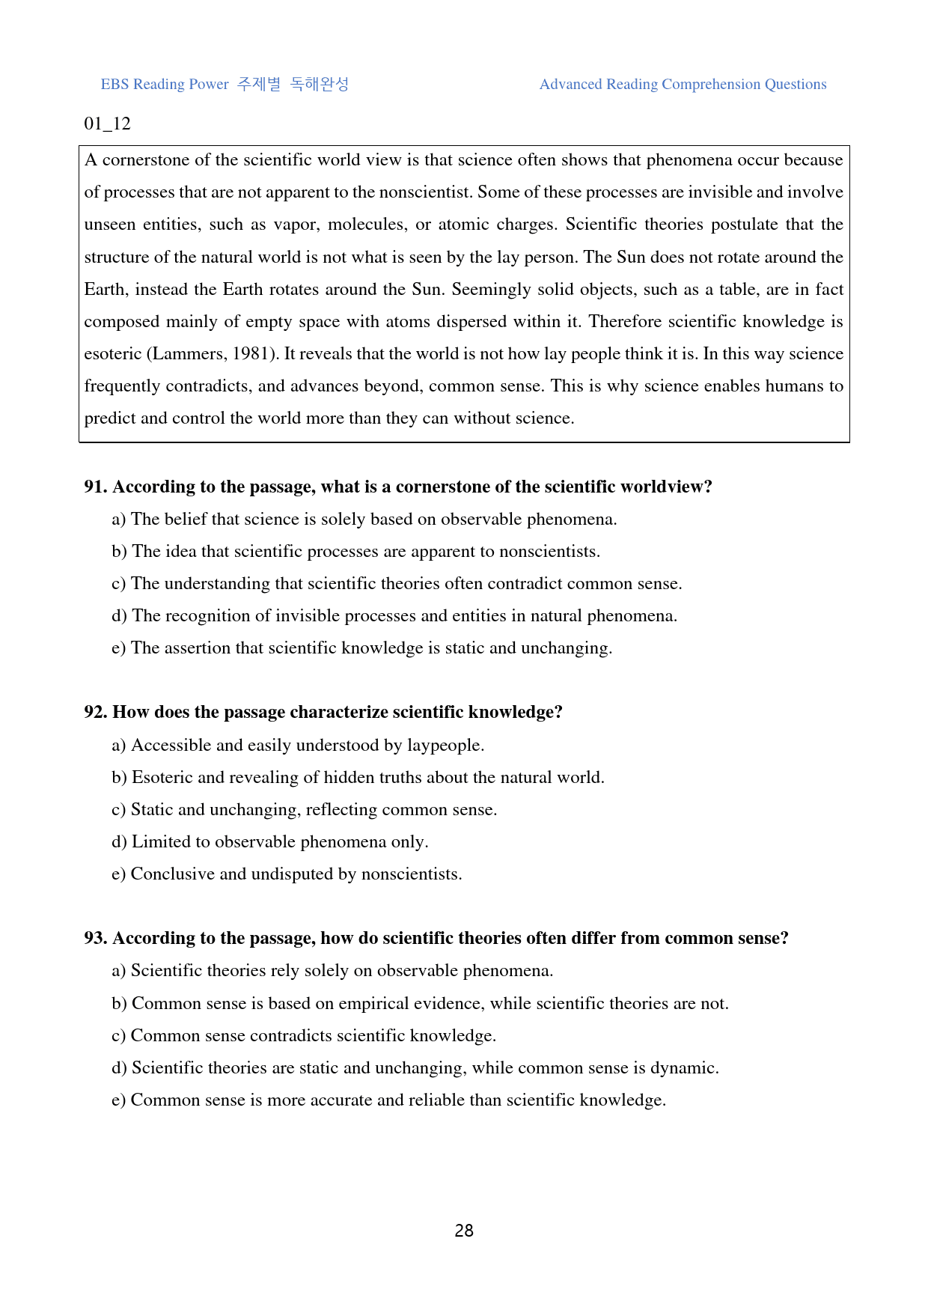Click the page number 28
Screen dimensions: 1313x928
pos(464,1231)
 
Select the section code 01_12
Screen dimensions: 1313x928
pos(107,124)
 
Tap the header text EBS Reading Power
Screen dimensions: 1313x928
pos(165,85)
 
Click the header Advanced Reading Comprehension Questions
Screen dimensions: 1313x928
pos(683,85)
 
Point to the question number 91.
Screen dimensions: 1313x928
pos(96,487)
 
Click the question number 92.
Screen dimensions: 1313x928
pos(96,713)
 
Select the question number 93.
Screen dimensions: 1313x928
pos(96,939)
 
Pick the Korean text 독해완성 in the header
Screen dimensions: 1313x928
pos(320,85)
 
